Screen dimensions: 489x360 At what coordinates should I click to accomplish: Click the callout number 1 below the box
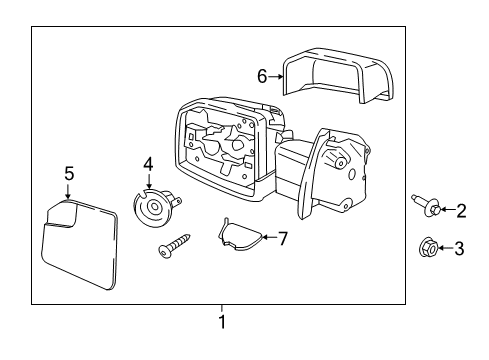pyautogui.click(x=222, y=322)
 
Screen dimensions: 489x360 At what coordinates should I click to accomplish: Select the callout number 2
pyautogui.click(x=461, y=211)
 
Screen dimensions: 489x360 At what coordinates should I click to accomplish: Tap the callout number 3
pyautogui.click(x=460, y=249)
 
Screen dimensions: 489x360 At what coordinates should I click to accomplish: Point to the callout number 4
pyautogui.click(x=148, y=164)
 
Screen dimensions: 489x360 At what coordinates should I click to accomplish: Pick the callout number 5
pyautogui.click(x=69, y=174)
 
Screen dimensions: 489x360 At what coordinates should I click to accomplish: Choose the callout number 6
pyautogui.click(x=262, y=76)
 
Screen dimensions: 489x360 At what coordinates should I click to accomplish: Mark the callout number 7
pyautogui.click(x=283, y=239)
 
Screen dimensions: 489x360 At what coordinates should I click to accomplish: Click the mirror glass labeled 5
pyautogui.click(x=79, y=244)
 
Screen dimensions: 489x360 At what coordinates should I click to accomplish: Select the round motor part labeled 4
pyautogui.click(x=157, y=208)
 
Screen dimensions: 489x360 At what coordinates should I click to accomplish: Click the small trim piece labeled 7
pyautogui.click(x=238, y=235)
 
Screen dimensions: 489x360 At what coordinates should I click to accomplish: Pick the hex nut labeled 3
pyautogui.click(x=428, y=248)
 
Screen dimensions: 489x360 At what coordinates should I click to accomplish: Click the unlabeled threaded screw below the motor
pyautogui.click(x=174, y=246)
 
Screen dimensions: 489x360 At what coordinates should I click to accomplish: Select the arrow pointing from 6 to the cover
pyautogui.click(x=276, y=77)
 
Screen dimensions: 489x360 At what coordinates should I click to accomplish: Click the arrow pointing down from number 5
pyautogui.click(x=68, y=192)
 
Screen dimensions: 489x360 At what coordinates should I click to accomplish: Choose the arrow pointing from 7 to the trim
pyautogui.click(x=269, y=237)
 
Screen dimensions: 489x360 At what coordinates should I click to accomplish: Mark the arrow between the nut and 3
pyautogui.click(x=445, y=248)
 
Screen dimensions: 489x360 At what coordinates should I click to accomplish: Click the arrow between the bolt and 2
pyautogui.click(x=448, y=210)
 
